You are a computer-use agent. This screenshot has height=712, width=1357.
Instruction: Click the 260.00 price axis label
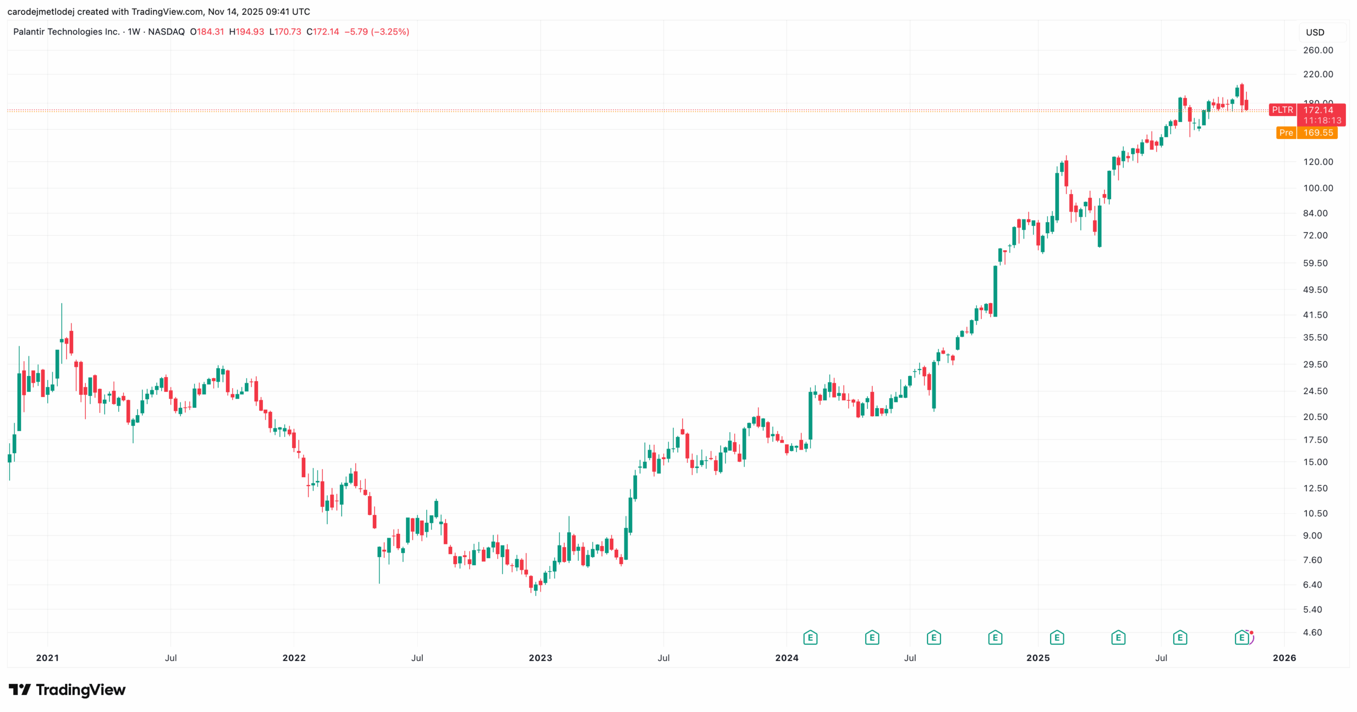pyautogui.click(x=1318, y=50)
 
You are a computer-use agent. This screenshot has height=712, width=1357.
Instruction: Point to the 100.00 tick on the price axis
pyautogui.click(x=1318, y=188)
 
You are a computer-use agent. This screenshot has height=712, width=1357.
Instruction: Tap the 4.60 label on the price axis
pyautogui.click(x=1312, y=632)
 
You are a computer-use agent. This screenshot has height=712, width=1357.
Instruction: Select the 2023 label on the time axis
pyautogui.click(x=540, y=658)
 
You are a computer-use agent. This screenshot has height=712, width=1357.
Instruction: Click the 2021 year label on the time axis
pyautogui.click(x=47, y=658)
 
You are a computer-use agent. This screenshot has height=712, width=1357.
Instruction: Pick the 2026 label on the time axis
pyautogui.click(x=1284, y=658)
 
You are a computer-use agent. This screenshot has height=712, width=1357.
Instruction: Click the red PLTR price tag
pyautogui.click(x=1282, y=110)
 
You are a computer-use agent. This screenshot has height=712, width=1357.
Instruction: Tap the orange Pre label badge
pyautogui.click(x=1286, y=133)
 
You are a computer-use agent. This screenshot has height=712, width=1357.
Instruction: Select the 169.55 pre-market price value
pyautogui.click(x=1318, y=133)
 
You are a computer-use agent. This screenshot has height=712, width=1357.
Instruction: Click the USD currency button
pyautogui.click(x=1315, y=32)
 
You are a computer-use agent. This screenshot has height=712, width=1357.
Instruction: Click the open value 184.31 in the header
pyautogui.click(x=210, y=32)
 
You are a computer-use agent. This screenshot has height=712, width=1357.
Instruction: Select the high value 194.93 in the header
pyautogui.click(x=250, y=32)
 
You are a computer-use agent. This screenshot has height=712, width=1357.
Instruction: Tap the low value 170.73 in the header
pyautogui.click(x=287, y=32)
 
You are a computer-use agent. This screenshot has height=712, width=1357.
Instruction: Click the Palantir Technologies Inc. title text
pyautogui.click(x=66, y=32)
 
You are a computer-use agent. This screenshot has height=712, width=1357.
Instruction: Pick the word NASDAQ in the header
pyautogui.click(x=166, y=32)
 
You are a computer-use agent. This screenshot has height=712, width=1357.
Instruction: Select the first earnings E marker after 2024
pyautogui.click(x=810, y=637)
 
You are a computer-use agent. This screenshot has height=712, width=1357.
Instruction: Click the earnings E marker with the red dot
pyautogui.click(x=1241, y=637)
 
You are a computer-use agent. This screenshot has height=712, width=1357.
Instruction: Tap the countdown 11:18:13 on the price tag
pyautogui.click(x=1322, y=120)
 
